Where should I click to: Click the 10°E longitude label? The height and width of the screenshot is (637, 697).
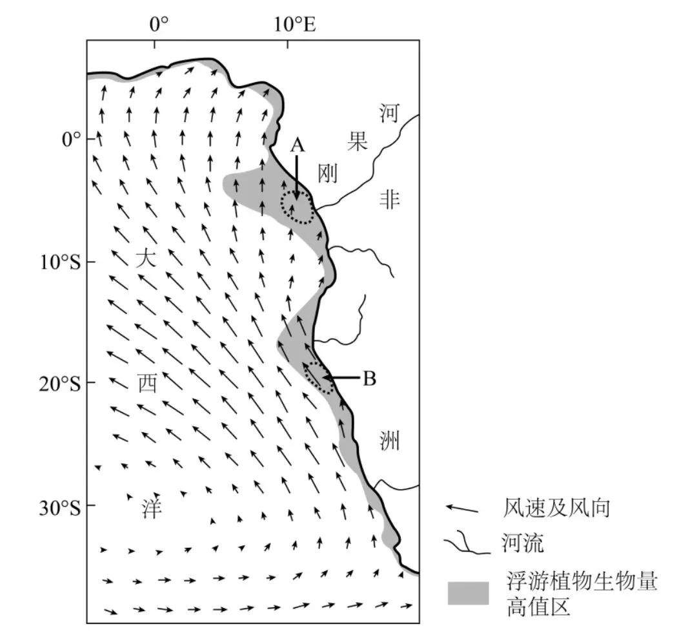pyautogui.click(x=295, y=24)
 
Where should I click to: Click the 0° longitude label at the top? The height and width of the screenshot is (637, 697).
pyautogui.click(x=159, y=24)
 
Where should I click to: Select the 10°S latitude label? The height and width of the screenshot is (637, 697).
pyautogui.click(x=61, y=262)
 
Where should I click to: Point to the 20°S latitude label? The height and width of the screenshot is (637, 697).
pyautogui.click(x=61, y=384)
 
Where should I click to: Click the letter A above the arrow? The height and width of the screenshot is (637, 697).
pyautogui.click(x=298, y=145)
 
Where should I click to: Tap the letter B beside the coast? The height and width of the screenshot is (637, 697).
pyautogui.click(x=369, y=379)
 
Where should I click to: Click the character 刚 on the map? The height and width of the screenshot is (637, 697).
pyautogui.click(x=328, y=173)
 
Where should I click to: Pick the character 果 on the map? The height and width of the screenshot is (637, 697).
pyautogui.click(x=358, y=141)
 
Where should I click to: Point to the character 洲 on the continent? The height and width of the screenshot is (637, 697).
pyautogui.click(x=389, y=441)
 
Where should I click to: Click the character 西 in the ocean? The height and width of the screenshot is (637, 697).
pyautogui.click(x=147, y=382)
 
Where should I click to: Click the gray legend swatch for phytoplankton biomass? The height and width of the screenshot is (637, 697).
pyautogui.click(x=468, y=593)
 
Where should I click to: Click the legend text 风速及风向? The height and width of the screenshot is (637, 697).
pyautogui.click(x=556, y=508)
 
